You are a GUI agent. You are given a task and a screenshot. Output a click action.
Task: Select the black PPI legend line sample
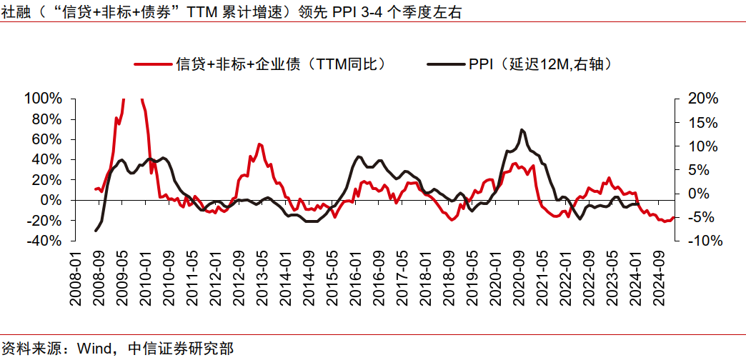pyautogui.click(x=445, y=64)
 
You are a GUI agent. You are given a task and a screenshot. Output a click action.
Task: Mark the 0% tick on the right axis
pyautogui.click(x=699, y=194)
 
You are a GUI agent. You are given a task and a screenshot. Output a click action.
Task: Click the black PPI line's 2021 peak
pyautogui.click(x=522, y=130)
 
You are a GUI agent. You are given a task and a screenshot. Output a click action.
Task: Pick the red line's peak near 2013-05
pyautogui.click(x=259, y=144)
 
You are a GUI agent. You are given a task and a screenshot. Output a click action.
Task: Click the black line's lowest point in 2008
pyautogui.click(x=96, y=231)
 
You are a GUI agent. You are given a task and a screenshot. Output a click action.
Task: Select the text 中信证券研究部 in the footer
pyautogui.click(x=180, y=349)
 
